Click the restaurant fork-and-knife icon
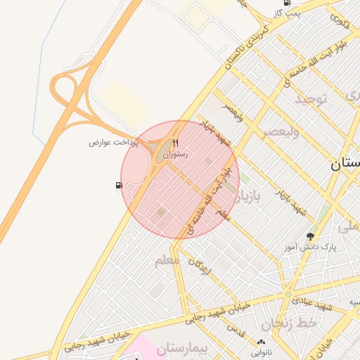click(x=175, y=143)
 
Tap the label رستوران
click(x=175, y=153)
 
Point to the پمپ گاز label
click(x=287, y=13)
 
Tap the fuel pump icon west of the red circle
click(x=118, y=186)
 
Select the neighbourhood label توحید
click(x=311, y=98)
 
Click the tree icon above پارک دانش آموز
click(x=310, y=236)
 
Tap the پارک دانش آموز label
click(x=311, y=247)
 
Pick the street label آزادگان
click(x=200, y=265)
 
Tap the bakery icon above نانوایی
click(x=261, y=341)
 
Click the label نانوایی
click(x=261, y=352)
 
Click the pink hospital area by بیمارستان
click(x=144, y=349)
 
